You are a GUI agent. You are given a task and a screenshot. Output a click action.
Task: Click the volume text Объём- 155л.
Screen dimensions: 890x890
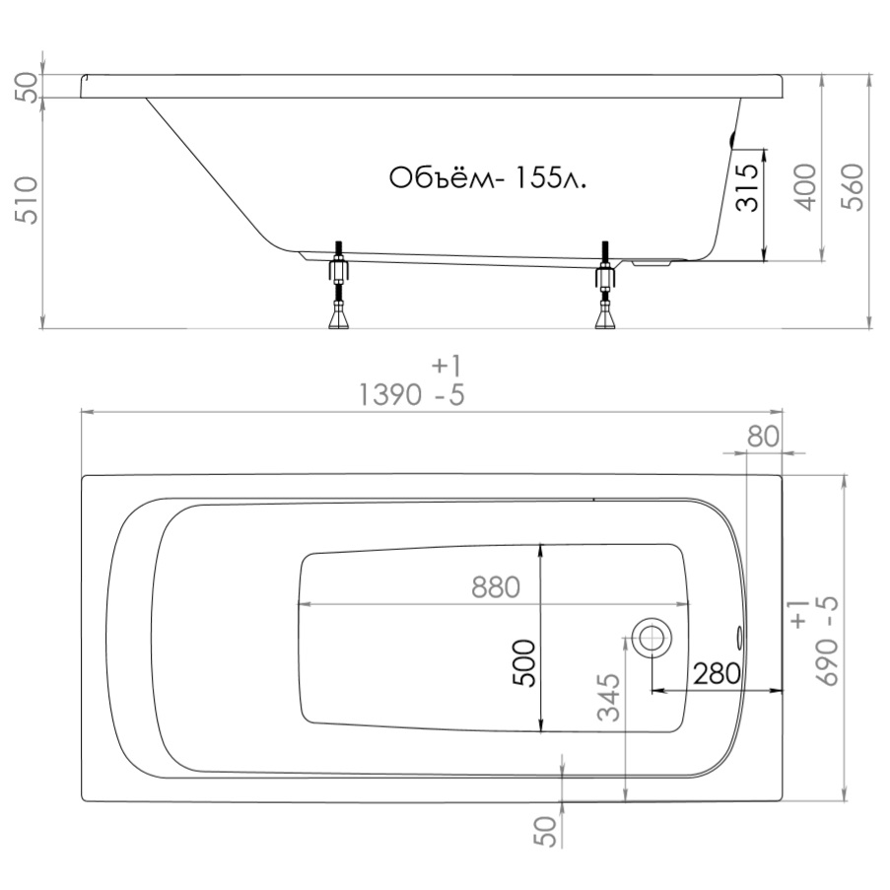tap(488, 177)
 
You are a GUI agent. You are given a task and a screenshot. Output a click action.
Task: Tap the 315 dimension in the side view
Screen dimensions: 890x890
tap(747, 187)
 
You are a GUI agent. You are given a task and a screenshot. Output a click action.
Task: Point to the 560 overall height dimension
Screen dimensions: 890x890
tap(852, 187)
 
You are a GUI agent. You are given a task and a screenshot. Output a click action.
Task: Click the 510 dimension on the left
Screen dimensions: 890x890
tap(26, 200)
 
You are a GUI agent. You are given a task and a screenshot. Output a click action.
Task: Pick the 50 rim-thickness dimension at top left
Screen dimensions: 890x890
tap(26, 88)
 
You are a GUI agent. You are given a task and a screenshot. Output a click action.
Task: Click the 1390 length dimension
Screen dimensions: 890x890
tap(390, 394)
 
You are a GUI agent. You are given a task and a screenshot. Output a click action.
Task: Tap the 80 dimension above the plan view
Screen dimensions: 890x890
tap(764, 437)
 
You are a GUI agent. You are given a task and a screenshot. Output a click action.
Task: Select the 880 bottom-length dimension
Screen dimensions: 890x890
tap(496, 587)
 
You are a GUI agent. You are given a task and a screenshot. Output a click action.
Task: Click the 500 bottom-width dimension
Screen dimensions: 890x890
tap(524, 663)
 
